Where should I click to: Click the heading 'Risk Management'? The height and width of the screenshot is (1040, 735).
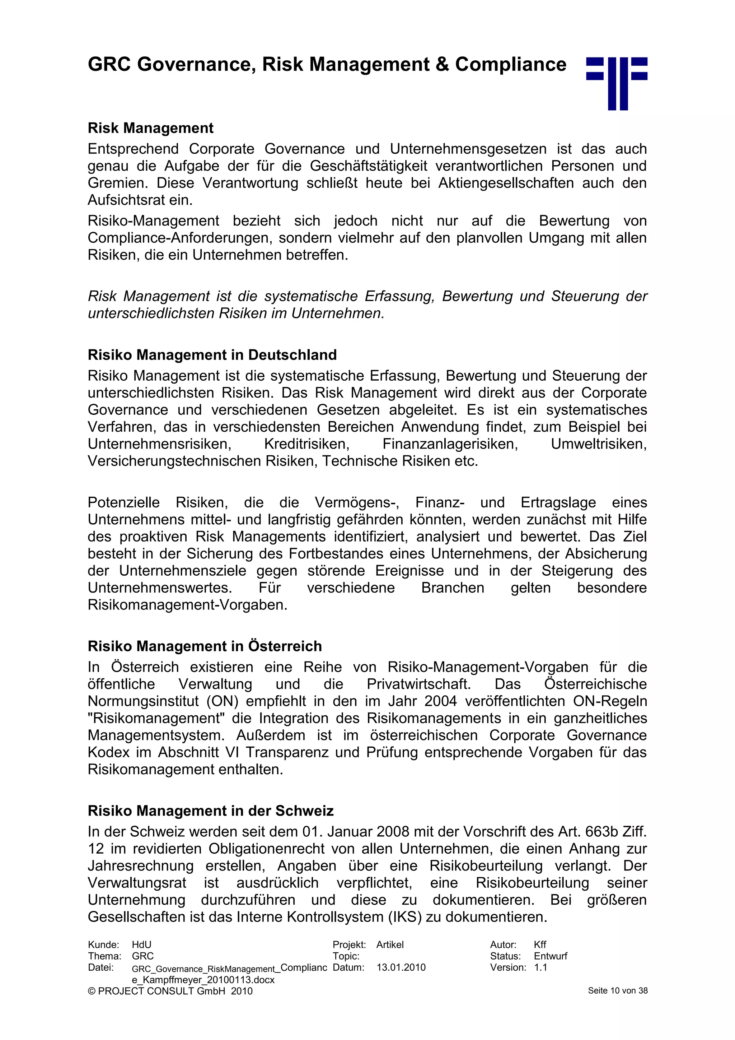pyautogui.click(x=150, y=128)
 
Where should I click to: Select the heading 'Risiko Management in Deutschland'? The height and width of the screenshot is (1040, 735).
pyautogui.click(x=212, y=355)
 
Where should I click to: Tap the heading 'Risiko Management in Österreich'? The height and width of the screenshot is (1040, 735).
pyautogui.click(x=205, y=646)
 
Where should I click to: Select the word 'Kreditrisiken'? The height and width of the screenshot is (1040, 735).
pyautogui.click(x=306, y=444)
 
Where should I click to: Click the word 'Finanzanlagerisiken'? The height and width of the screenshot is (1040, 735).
pyautogui.click(x=450, y=444)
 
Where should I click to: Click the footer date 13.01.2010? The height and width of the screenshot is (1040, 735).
pyautogui.click(x=401, y=967)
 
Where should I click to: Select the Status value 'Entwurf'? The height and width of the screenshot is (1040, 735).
pyautogui.click(x=550, y=956)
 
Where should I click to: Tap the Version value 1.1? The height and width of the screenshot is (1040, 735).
pyautogui.click(x=540, y=967)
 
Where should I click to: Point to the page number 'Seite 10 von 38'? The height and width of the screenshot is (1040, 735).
pyautogui.click(x=617, y=991)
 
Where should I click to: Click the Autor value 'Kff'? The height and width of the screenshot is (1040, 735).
pyautogui.click(x=539, y=945)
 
